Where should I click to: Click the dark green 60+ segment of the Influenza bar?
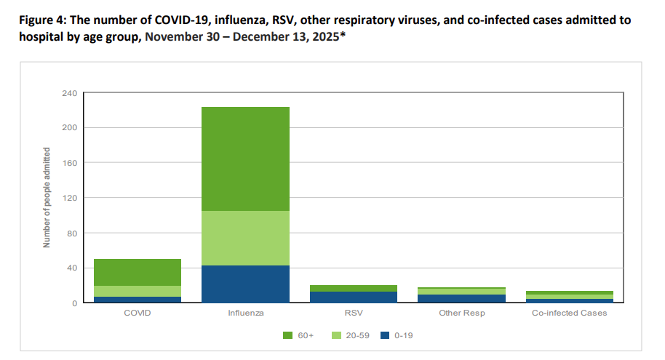tap(246, 159)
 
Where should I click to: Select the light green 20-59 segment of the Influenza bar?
tap(246, 238)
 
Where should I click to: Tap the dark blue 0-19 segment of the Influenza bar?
tap(246, 284)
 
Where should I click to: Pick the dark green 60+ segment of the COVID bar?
tap(138, 272)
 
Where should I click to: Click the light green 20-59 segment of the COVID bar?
tap(138, 291)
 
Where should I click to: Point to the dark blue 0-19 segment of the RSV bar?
tap(354, 297)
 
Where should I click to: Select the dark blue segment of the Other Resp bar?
tap(462, 298)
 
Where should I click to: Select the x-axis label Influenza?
tap(246, 313)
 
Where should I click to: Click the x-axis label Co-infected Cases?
tap(570, 313)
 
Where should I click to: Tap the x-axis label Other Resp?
tap(462, 313)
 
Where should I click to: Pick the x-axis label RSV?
tap(354, 313)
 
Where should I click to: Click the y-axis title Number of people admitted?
tap(47, 198)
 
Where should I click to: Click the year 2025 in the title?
tap(321, 35)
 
